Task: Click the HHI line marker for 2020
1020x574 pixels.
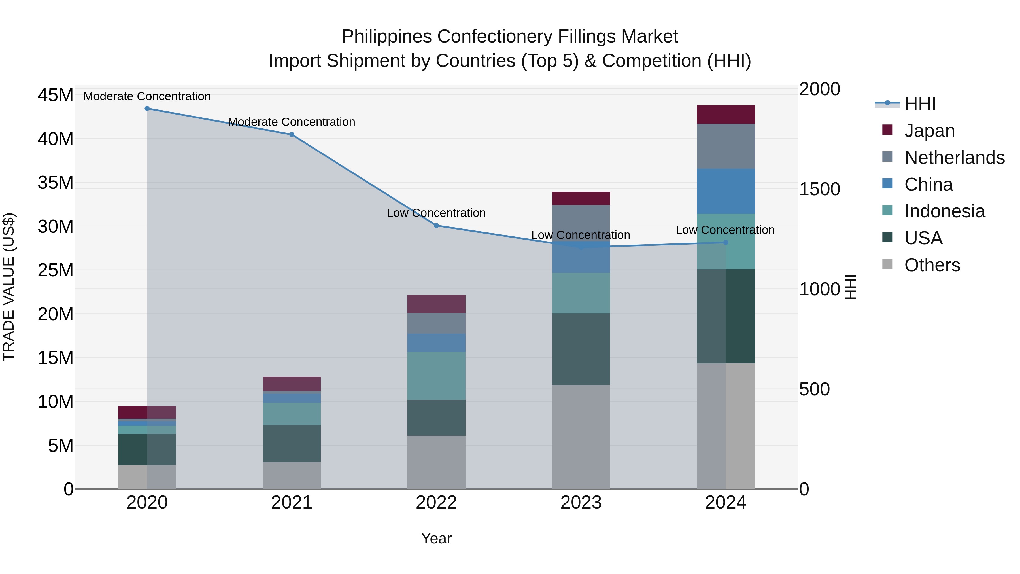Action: [147, 109]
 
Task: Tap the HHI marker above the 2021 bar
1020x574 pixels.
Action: [292, 135]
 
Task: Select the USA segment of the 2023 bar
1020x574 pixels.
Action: [581, 349]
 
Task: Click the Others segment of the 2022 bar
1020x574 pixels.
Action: [436, 462]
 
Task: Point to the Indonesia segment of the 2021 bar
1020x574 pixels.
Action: [292, 414]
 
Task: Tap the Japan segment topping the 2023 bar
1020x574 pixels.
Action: [581, 198]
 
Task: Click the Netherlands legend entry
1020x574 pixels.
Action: [954, 158]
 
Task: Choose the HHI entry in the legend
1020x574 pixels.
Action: [920, 104]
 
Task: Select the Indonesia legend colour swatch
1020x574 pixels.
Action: [887, 210]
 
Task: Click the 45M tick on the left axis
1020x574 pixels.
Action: [56, 96]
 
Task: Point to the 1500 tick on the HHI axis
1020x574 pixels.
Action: [819, 189]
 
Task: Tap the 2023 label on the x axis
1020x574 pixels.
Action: [581, 503]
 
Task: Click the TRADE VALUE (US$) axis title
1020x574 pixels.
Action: [9, 287]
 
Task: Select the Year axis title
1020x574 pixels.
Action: [436, 538]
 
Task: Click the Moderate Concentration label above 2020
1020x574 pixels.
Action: [147, 96]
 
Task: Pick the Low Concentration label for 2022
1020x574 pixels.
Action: [436, 213]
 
